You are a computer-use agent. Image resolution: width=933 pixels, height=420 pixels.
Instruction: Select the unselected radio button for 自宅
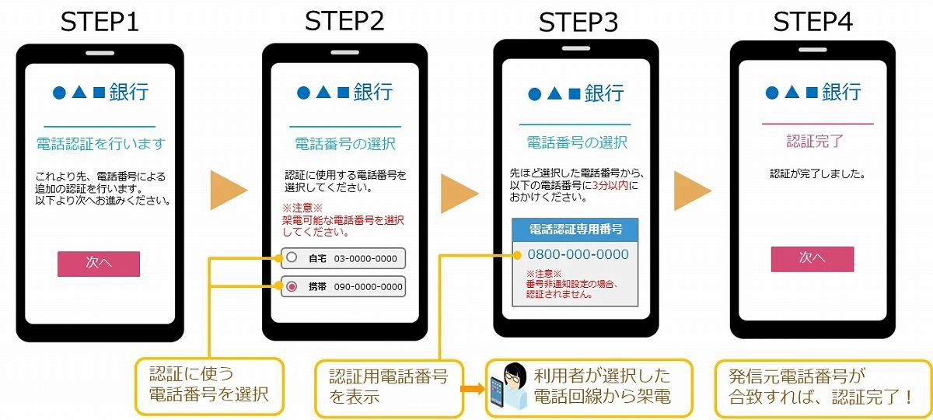tap(291, 257)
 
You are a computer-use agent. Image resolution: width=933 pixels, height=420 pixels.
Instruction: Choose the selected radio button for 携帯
tap(292, 287)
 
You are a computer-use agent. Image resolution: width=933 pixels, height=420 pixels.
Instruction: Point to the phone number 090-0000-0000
tap(368, 287)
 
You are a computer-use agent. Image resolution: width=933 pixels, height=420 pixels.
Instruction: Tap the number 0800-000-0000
tap(578, 254)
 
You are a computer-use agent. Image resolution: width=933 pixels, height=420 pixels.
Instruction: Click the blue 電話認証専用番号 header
tap(575, 229)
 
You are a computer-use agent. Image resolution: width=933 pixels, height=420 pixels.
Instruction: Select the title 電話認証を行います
tap(101, 144)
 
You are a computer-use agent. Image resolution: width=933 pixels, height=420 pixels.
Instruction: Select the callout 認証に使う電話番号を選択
tap(209, 384)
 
